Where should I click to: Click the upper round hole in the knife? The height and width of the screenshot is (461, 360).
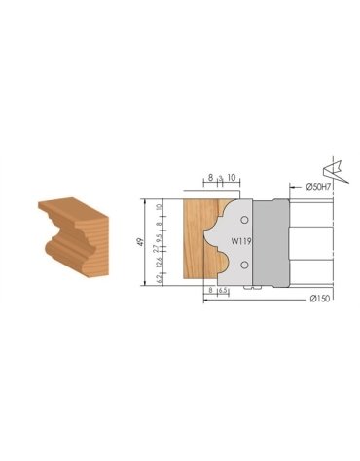point(243,220)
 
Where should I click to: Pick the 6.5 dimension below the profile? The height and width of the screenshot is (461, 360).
point(223,291)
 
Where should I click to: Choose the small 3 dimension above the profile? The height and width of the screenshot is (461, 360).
point(222,179)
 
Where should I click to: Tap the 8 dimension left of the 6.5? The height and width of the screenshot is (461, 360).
point(210,291)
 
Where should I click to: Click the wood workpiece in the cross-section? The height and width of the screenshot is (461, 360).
point(195,243)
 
